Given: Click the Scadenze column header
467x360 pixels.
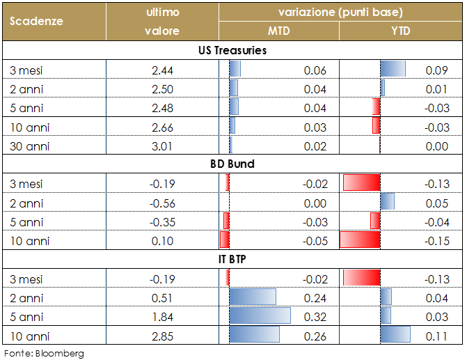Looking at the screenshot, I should coord(36,21).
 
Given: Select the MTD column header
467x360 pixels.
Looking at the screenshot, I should coord(279,31).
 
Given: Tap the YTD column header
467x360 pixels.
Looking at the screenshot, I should coord(400,31).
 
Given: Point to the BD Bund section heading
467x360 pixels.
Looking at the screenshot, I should coord(232,164).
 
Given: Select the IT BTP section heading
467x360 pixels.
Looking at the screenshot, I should coord(232,259).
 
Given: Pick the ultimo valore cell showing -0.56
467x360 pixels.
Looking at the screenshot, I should coord(162,203).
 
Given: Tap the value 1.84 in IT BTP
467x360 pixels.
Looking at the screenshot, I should coord(162,316).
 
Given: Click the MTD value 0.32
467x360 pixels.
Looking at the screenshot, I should coord(316,316).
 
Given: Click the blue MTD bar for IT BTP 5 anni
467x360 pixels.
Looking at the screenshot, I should coord(260,316).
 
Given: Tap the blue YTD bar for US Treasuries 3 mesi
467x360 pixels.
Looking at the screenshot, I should coord(393,69).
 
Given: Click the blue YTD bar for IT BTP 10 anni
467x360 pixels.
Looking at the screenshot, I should coord(395,335).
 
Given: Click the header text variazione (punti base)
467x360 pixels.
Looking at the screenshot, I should coord(340,12).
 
